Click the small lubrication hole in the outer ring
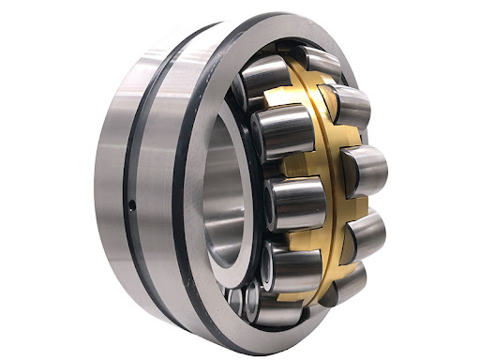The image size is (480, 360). (x=132, y=204)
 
